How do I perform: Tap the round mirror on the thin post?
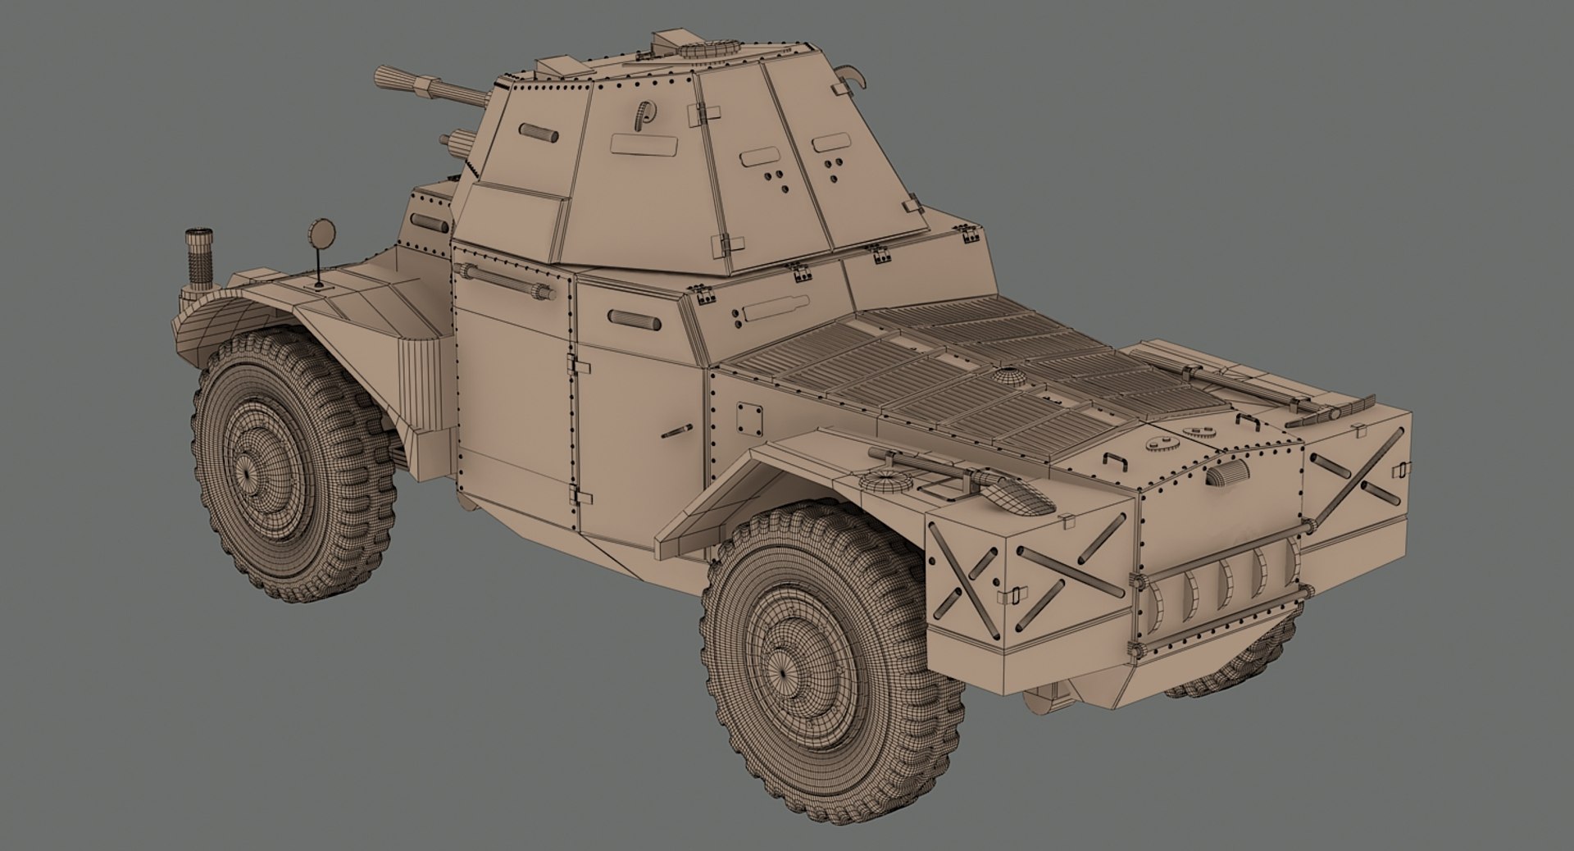point(321,234)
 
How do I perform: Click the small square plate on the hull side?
point(748,416)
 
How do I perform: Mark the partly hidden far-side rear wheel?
point(1230,668)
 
